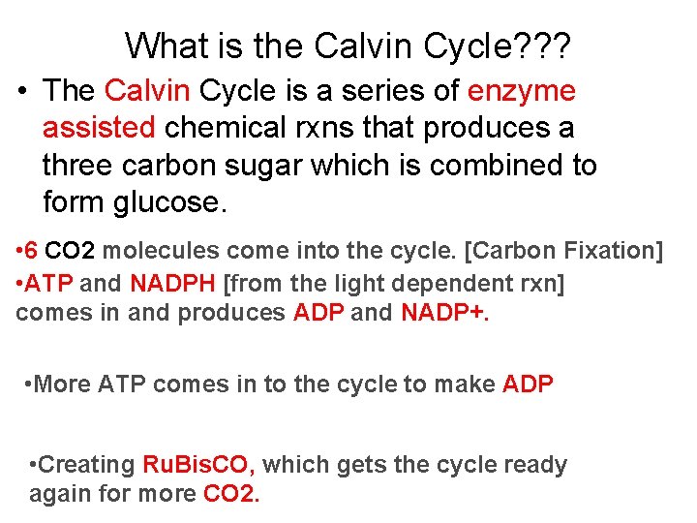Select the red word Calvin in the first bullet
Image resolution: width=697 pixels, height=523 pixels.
pyautogui.click(x=147, y=91)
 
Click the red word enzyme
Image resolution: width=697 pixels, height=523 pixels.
pyautogui.click(x=521, y=91)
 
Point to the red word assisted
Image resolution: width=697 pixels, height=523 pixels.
pyautogui.click(x=99, y=128)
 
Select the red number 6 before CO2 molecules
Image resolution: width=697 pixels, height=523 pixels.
pyautogui.click(x=31, y=251)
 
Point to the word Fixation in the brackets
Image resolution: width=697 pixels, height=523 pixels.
pyautogui.click(x=616, y=251)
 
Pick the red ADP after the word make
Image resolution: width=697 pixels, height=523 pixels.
pyautogui.click(x=528, y=385)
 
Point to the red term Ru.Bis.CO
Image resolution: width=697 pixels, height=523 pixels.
pyautogui.click(x=198, y=465)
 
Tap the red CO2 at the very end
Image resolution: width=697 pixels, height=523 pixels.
pyautogui.click(x=231, y=493)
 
